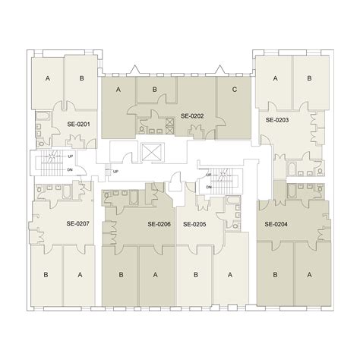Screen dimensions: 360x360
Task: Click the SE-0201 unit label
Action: coord(78,124)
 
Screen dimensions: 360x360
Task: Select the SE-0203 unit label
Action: coord(276,120)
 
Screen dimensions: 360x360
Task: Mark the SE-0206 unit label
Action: coord(158,224)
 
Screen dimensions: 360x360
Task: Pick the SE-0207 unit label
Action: coord(77,223)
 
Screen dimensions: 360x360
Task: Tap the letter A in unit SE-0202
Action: coord(119,90)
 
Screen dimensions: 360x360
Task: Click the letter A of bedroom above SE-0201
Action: coord(48,78)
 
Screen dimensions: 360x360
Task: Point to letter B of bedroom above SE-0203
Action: coord(309,78)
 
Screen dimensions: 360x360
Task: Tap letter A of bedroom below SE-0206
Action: coord(155,275)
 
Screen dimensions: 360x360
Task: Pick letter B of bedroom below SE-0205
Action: coord(195,275)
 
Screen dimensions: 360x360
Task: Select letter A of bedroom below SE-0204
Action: coord(309,275)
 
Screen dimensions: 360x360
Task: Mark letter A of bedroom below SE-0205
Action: coord(229,275)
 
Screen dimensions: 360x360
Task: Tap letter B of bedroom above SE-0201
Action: coord(78,78)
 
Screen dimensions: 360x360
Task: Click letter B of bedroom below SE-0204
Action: coord(276,275)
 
